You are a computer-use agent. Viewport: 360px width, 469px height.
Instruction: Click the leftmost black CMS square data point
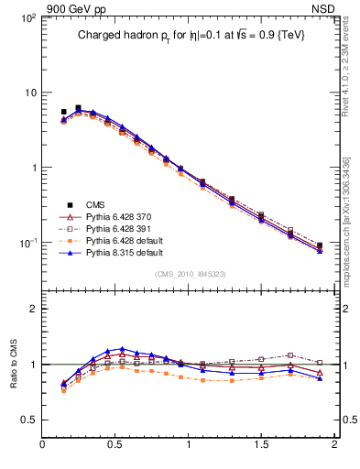tap(63, 112)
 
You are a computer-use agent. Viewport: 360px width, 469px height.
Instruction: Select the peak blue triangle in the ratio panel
tap(122, 349)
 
